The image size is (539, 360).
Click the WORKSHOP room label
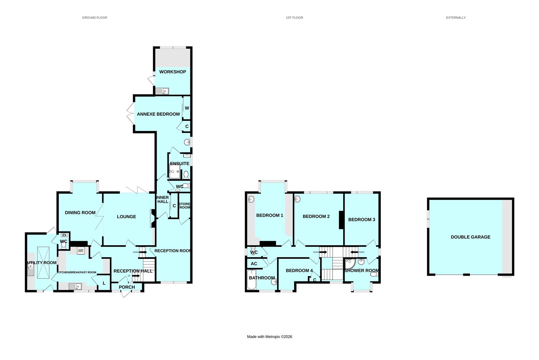point(172,72)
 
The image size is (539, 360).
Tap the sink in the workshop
point(162,91)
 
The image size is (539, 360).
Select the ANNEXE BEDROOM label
point(158,114)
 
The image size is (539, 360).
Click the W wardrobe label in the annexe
point(187,108)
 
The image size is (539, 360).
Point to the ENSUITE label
point(180,163)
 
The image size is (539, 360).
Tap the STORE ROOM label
point(184,206)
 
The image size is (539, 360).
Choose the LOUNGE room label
point(126,217)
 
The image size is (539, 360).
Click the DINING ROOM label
point(80,213)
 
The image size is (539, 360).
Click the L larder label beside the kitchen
point(104,283)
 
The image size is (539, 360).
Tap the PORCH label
point(127,287)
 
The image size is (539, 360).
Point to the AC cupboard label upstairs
point(254,264)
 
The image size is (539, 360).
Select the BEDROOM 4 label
point(299,270)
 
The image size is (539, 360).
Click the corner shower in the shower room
point(349,264)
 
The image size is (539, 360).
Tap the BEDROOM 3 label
point(362,220)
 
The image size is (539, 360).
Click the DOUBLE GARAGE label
point(470,237)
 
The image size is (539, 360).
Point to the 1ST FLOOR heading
point(294,18)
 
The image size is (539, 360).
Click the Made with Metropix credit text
point(269,337)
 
